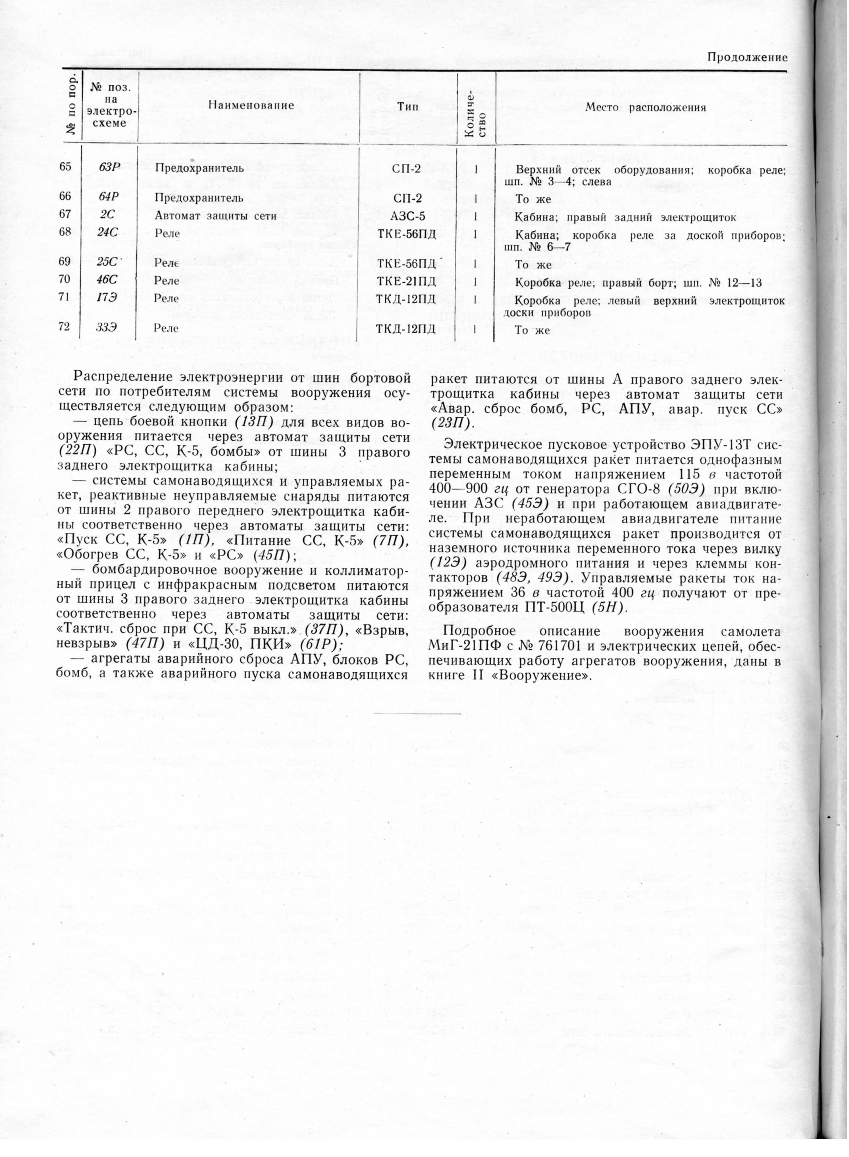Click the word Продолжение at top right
coord(747,58)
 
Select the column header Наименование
coord(251,106)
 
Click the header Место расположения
coord(645,107)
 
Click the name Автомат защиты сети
coord(215,217)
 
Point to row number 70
coord(65,280)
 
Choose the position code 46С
coord(107,281)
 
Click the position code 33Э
coord(106,327)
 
